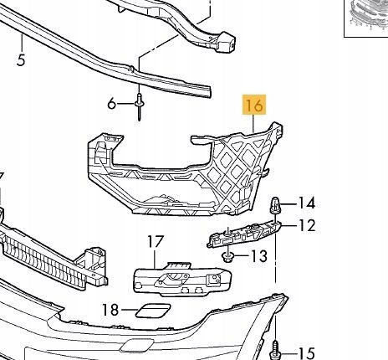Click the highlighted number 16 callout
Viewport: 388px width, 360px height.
pyautogui.click(x=254, y=105)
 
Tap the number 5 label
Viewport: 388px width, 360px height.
pyautogui.click(x=21, y=59)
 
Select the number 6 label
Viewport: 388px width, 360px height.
pyautogui.click(x=111, y=104)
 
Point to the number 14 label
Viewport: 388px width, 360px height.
pyautogui.click(x=307, y=203)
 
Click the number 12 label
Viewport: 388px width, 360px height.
pyautogui.click(x=307, y=225)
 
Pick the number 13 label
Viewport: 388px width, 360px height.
pyautogui.click(x=259, y=255)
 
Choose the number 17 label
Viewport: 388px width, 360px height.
pyautogui.click(x=156, y=242)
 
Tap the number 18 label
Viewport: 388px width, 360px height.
pyautogui.click(x=110, y=310)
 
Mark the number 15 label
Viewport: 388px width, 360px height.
pyautogui.click(x=307, y=353)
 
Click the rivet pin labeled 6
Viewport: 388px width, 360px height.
pyautogui.click(x=140, y=107)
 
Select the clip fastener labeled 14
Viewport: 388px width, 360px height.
pyautogui.click(x=275, y=205)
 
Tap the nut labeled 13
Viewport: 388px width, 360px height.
pyautogui.click(x=227, y=256)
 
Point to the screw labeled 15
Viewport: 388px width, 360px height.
pyautogui.click(x=275, y=349)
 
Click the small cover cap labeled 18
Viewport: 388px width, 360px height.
pyautogui.click(x=153, y=310)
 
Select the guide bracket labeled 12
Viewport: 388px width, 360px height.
pyautogui.click(x=244, y=234)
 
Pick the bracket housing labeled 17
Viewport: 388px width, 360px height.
pyautogui.click(x=182, y=279)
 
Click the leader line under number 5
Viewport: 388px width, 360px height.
pyautogui.click(x=22, y=43)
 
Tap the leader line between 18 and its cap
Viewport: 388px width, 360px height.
pyautogui.click(x=129, y=310)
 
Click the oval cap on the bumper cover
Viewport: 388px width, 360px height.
pyautogui.click(x=136, y=346)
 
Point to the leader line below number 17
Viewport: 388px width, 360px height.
pyautogui.click(x=155, y=259)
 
